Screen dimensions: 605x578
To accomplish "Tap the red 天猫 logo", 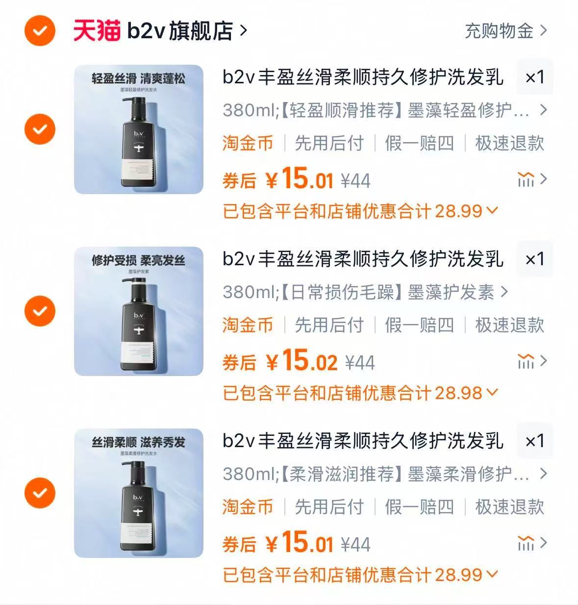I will (x=97, y=31).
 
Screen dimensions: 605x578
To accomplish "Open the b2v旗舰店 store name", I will (x=180, y=31).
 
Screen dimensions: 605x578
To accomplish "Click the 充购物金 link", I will (x=504, y=31).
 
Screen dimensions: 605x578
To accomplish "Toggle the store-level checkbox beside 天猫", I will (x=40, y=31).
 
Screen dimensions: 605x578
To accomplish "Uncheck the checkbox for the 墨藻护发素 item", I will (x=40, y=311).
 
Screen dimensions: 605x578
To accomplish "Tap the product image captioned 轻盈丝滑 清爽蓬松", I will (x=139, y=129).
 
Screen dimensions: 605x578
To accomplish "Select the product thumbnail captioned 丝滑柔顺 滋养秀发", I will (x=139, y=493).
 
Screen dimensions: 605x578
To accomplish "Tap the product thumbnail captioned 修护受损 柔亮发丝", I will (x=139, y=311).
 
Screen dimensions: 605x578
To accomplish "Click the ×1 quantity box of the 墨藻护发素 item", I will (x=534, y=259).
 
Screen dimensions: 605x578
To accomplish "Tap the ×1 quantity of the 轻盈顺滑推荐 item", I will (x=534, y=77).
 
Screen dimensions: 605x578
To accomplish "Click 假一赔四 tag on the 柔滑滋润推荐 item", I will (x=419, y=506).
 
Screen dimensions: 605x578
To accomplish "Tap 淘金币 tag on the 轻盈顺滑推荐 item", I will (x=248, y=143).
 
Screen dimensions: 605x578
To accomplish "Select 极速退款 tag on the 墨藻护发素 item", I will (x=509, y=325).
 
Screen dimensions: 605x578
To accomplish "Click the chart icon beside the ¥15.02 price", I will (x=526, y=362).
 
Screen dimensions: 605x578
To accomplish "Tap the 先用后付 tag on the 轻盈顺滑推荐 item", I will (x=329, y=143).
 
